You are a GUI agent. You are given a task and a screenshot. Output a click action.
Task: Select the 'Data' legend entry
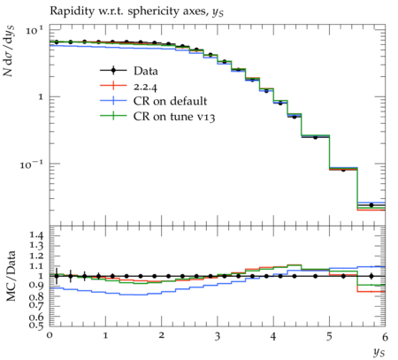point(129,71)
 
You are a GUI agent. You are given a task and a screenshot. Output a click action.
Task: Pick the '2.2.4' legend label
point(145,87)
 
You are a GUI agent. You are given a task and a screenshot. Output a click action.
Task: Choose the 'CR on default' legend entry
point(154,101)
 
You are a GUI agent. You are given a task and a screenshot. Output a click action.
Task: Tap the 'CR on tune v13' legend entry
point(157,116)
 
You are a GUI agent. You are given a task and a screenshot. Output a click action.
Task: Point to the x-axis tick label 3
point(218,336)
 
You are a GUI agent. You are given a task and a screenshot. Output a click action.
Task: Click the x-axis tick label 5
point(329,336)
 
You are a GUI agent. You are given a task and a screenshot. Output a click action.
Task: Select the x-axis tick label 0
point(50,336)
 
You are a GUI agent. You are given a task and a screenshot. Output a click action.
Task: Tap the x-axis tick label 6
point(385,336)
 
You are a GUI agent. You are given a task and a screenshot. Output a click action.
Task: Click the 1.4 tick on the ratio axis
point(35,235)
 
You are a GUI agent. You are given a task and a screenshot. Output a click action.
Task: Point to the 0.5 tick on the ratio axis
point(35,325)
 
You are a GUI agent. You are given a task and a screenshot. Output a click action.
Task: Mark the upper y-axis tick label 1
point(41,97)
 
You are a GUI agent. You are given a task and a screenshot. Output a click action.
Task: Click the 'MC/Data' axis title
point(11,276)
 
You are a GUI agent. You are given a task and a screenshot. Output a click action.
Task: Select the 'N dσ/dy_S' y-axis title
point(9,50)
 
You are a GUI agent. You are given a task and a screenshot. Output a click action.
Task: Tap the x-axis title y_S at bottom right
point(379,351)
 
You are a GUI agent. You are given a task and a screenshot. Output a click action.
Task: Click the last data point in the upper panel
point(371,205)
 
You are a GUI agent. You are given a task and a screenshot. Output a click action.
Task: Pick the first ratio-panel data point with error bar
point(57,276)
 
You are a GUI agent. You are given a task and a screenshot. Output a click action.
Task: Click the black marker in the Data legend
point(113,71)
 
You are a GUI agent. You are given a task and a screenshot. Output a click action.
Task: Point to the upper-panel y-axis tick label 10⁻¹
point(32,164)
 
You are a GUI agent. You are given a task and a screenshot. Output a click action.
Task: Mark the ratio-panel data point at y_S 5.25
point(343,276)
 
